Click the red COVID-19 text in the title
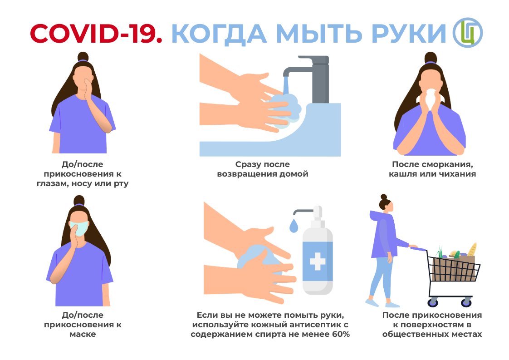click(x=96, y=34)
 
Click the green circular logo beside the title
click(x=468, y=33)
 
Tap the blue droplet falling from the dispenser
click(x=294, y=226)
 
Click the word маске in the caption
click(x=83, y=334)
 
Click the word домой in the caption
click(x=294, y=174)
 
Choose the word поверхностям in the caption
click(x=433, y=325)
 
